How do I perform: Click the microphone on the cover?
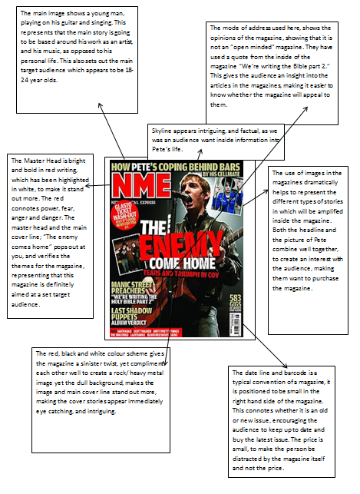[183, 197]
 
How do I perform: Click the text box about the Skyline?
[217, 138]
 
